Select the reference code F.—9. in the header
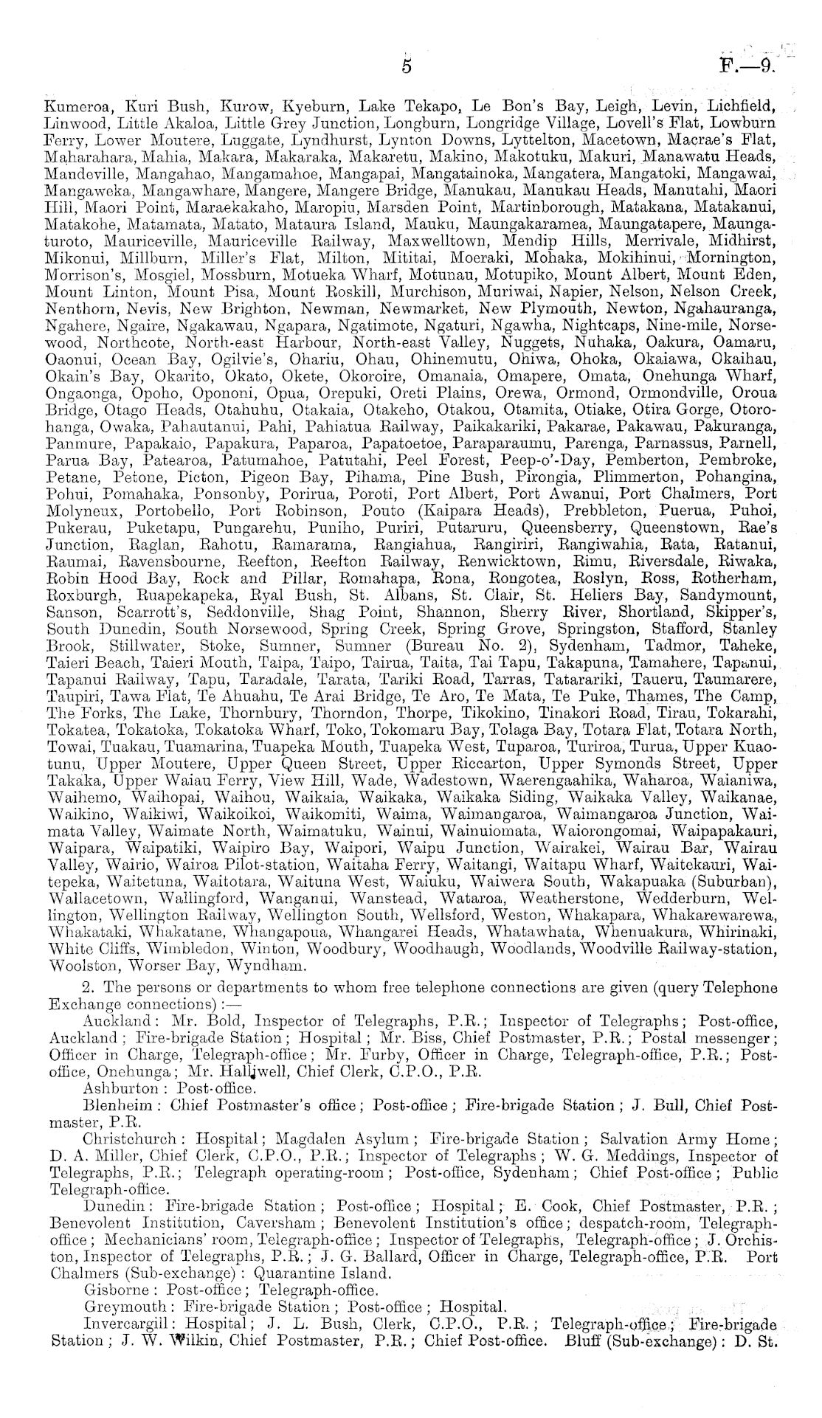click(747, 67)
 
